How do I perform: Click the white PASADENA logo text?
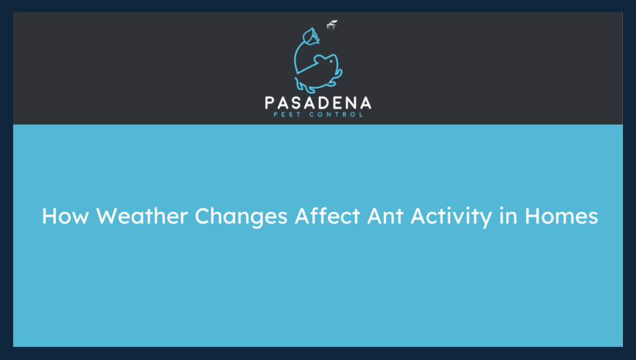(318, 102)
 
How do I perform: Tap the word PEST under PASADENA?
(291, 114)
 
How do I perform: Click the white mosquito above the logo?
(332, 25)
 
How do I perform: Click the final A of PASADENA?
(365, 102)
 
